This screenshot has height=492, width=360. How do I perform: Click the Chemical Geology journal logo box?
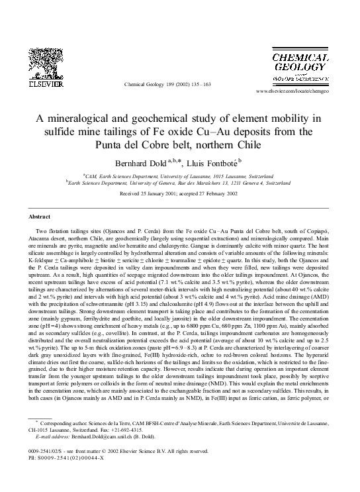point(303,66)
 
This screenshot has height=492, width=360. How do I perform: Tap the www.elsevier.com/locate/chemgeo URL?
point(306,90)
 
